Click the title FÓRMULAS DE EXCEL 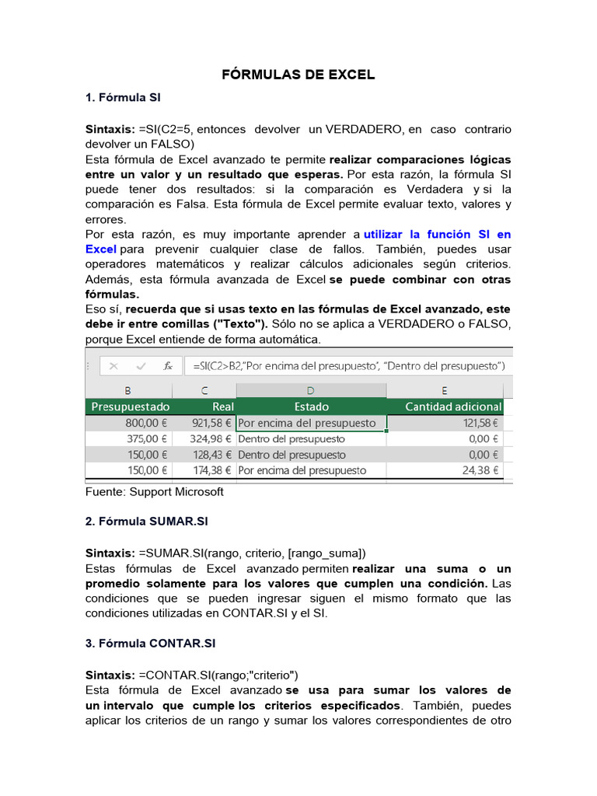pyautogui.click(x=298, y=75)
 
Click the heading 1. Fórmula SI pyautogui.click(x=123, y=98)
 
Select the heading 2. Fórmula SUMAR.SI pyautogui.click(x=146, y=522)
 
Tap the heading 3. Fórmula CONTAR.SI pyautogui.click(x=150, y=644)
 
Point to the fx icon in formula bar pyautogui.click(x=168, y=365)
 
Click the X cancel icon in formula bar pyautogui.click(x=113, y=365)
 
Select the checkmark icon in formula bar pyautogui.click(x=140, y=365)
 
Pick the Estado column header pyautogui.click(x=311, y=407)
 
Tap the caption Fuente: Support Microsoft pyautogui.click(x=154, y=492)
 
